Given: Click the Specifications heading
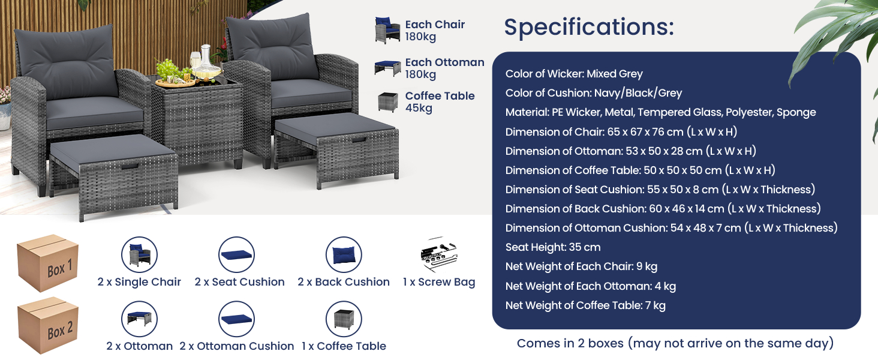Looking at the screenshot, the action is [x=589, y=27].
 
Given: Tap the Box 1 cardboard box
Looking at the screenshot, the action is [x=47, y=263].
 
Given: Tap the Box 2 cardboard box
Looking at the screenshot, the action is [x=47, y=325].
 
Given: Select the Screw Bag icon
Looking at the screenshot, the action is [x=439, y=254].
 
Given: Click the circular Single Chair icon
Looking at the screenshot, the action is [x=139, y=254].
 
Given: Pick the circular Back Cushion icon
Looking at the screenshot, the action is [x=344, y=254].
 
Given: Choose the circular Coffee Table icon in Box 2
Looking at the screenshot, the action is [x=344, y=319].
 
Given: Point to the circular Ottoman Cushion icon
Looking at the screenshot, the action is [x=236, y=319].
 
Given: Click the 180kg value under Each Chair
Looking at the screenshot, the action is [x=420, y=37].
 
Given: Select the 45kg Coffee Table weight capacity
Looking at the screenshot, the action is [x=419, y=108].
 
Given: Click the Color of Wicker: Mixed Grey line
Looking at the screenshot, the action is [x=574, y=74].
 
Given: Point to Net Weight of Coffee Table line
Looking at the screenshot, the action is [x=585, y=305].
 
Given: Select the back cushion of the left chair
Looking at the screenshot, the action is [x=66, y=61].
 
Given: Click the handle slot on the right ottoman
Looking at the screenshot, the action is [x=359, y=140].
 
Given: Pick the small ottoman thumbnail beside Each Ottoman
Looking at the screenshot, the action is [x=387, y=68].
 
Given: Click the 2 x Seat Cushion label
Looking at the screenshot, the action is [x=239, y=282].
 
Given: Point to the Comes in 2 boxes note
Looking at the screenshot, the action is [x=675, y=344].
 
